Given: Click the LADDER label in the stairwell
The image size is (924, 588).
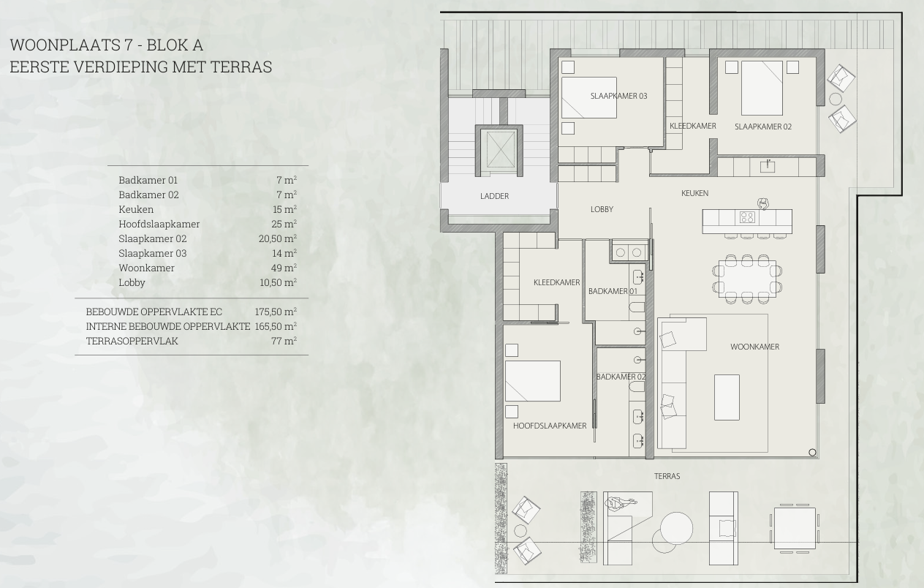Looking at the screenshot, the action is pyautogui.click(x=494, y=196).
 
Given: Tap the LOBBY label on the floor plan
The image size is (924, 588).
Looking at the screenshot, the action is pyautogui.click(x=602, y=209).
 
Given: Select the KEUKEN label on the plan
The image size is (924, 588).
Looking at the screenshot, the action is pyautogui.click(x=694, y=193).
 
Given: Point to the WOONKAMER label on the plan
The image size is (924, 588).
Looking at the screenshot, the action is pyautogui.click(x=755, y=347).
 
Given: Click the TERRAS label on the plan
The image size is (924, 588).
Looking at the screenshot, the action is pyautogui.click(x=667, y=476).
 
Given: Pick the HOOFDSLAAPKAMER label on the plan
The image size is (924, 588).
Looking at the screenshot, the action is pyautogui.click(x=550, y=426).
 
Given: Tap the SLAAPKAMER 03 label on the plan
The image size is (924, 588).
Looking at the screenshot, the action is pyautogui.click(x=618, y=96).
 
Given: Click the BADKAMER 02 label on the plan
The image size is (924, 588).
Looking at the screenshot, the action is pyautogui.click(x=621, y=377).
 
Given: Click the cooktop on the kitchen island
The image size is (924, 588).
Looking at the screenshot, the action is pyautogui.click(x=747, y=217).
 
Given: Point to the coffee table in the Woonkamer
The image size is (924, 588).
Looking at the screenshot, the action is pyautogui.click(x=727, y=397).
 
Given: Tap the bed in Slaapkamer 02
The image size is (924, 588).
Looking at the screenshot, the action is pyautogui.click(x=762, y=88).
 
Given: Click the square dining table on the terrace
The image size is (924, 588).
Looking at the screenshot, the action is pyautogui.click(x=795, y=528).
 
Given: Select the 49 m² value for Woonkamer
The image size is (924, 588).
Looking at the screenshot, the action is pyautogui.click(x=284, y=268).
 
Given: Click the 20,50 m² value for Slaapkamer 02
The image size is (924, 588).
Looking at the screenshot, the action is pyautogui.click(x=278, y=238).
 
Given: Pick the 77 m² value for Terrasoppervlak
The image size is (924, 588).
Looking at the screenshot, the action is pyautogui.click(x=284, y=341).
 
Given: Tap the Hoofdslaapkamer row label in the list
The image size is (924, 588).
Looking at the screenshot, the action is pyautogui.click(x=159, y=224).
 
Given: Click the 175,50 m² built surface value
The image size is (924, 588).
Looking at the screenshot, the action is pyautogui.click(x=276, y=312).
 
